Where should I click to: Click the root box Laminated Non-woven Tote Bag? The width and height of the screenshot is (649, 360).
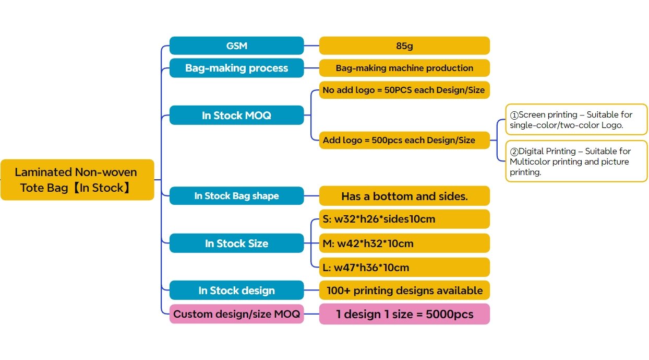pos(77,180)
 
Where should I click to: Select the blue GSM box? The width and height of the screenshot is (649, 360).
pos(236,45)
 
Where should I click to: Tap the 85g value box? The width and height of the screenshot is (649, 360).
pos(404,45)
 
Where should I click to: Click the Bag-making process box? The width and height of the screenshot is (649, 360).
pos(236,68)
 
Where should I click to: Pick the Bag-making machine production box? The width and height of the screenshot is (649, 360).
pos(404,68)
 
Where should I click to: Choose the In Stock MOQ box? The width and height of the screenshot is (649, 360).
pos(236,115)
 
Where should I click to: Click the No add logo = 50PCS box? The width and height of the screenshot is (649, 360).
pos(404,90)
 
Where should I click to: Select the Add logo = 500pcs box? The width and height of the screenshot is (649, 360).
pos(404,140)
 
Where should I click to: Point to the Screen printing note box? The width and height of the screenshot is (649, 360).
pos(576,119)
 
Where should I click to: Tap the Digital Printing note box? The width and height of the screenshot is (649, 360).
pos(576,161)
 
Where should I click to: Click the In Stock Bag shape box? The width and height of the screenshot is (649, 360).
pos(236,196)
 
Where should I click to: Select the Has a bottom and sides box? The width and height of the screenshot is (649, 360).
pos(404,196)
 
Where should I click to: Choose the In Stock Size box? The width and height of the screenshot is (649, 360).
pos(236,243)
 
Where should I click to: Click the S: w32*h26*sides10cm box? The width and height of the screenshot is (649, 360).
pos(404,219)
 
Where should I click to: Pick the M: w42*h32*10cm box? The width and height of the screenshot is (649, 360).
pos(404,243)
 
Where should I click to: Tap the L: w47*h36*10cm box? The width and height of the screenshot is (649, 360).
pos(404,267)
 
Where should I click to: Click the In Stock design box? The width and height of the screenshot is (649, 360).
pos(236,290)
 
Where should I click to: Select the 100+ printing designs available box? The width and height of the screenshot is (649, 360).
pos(404,290)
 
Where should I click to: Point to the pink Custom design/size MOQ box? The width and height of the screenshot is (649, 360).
pos(236,314)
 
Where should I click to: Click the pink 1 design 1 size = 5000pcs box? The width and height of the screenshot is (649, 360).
pos(404,314)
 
